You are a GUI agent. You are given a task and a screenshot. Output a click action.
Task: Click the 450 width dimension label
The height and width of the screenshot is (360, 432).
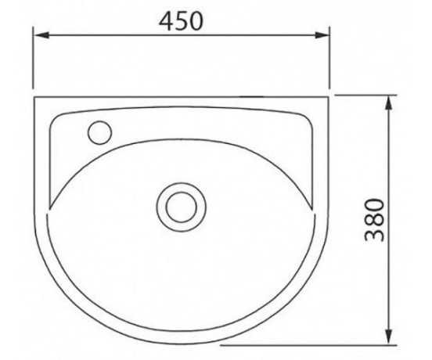point(181,21)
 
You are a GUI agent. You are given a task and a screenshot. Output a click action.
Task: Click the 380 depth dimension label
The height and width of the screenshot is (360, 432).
point(374,220)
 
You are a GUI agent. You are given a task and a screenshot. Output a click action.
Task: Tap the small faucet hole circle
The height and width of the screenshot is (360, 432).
point(99,132)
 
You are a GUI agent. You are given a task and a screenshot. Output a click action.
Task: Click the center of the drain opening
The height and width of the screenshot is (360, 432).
point(182,207)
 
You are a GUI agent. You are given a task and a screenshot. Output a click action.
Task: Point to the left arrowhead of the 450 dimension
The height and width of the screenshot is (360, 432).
point(41,35)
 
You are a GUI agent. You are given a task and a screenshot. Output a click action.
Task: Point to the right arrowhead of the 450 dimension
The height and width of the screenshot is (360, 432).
point(322,35)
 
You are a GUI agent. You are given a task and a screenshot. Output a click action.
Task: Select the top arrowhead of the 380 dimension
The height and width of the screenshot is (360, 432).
point(388,103)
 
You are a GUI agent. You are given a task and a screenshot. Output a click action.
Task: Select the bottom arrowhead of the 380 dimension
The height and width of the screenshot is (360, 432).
point(388,336)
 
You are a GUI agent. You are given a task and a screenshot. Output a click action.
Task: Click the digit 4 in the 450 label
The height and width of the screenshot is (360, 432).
point(166,21)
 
